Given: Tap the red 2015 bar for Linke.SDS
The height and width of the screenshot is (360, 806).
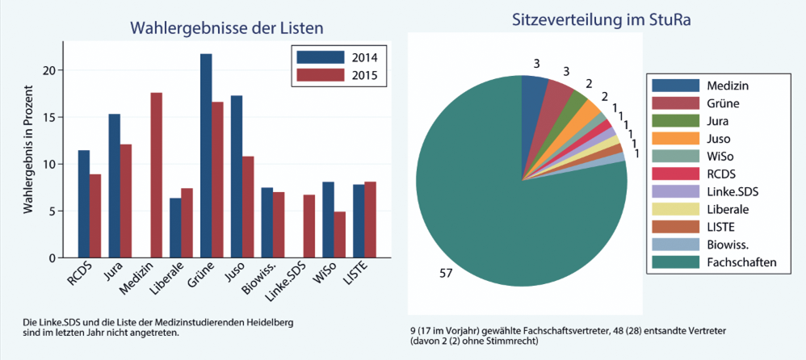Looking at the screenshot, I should (309, 226).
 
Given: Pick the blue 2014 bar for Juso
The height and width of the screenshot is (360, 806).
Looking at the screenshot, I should (237, 177).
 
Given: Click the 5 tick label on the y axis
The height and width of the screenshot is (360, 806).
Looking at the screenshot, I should (52, 211).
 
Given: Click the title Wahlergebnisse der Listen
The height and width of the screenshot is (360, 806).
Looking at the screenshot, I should (226, 28).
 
